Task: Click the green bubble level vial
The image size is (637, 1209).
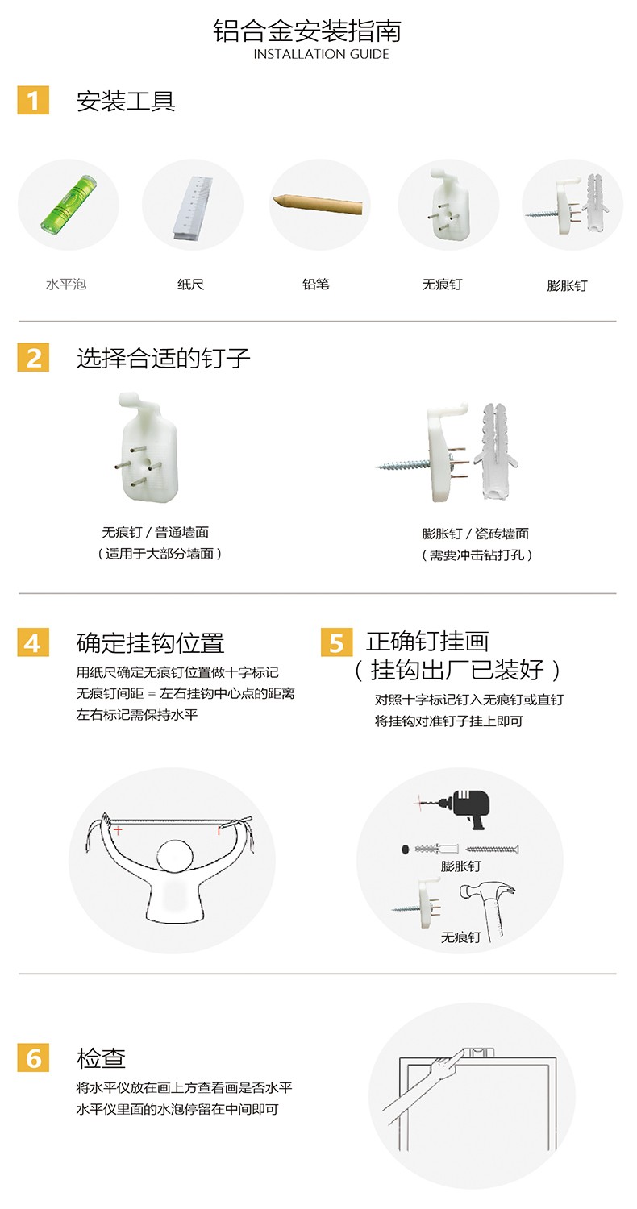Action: click(69, 204)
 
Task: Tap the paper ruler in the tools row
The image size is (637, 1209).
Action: click(193, 208)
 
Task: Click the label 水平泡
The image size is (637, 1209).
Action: click(66, 285)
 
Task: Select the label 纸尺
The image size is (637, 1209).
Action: click(190, 285)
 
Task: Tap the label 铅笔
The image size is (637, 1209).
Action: click(316, 285)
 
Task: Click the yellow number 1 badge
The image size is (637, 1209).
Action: click(33, 101)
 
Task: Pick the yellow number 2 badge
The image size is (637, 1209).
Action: click(33, 357)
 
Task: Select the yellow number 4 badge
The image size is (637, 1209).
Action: click(33, 642)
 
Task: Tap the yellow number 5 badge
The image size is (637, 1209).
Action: click(336, 642)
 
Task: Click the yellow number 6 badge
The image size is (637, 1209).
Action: click(33, 1057)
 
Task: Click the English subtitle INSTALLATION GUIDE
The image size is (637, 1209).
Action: click(321, 54)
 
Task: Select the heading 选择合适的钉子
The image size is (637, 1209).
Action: click(164, 359)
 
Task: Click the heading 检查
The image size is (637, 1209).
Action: click(101, 1057)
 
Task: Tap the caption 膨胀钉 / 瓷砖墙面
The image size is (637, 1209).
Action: click(476, 534)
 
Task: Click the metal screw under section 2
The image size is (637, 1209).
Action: click(403, 464)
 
